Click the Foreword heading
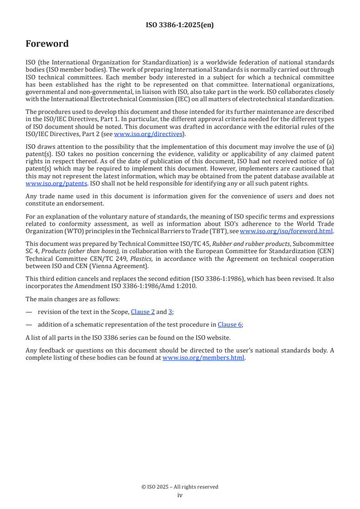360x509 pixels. [47, 44]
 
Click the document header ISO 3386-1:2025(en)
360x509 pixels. [180, 25]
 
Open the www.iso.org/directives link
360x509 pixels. [148, 134]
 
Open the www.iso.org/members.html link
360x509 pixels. [203, 357]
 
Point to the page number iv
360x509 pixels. [180, 495]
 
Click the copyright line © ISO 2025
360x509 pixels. [180, 487]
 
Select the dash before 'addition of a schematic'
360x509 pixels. [29, 324]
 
